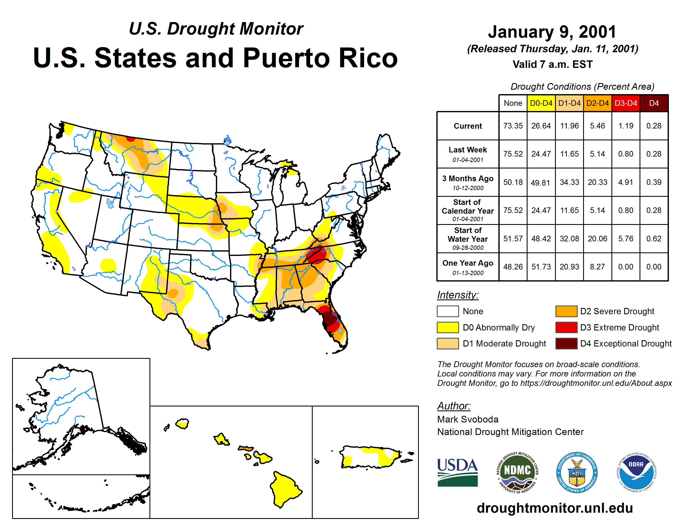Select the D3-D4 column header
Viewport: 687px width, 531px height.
click(626, 103)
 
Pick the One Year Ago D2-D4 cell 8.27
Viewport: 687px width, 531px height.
click(597, 267)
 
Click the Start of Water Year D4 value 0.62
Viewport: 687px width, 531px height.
click(654, 239)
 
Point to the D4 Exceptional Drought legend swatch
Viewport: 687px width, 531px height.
click(566, 344)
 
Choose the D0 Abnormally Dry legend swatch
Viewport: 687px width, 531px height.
click(447, 328)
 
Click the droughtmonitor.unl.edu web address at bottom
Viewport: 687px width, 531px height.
click(555, 508)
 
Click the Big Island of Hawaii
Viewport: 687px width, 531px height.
click(284, 489)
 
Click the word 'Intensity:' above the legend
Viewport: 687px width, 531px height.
click(458, 295)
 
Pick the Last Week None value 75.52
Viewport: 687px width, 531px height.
click(513, 154)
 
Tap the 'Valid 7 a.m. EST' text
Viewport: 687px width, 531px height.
click(552, 65)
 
